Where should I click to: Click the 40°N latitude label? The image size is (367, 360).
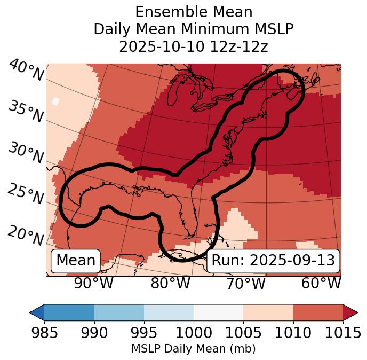pos(26,71)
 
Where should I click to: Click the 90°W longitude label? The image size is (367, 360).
pos(93,283)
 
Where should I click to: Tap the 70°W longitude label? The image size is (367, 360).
pos(246,283)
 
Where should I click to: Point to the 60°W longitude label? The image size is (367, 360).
pos(321,283)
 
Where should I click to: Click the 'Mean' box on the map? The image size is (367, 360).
pos(76,261)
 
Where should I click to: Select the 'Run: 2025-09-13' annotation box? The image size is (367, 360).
pos(273,261)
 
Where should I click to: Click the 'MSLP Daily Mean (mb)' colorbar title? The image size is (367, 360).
pos(194,349)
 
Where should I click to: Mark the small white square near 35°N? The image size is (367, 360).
pos(55,101)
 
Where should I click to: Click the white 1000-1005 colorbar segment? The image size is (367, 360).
pos(218,312)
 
